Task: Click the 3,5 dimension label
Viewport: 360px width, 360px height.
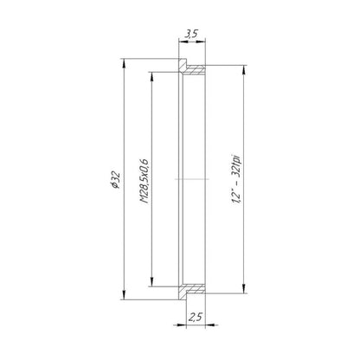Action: (x=191, y=34)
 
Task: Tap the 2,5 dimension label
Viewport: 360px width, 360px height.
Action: (x=195, y=317)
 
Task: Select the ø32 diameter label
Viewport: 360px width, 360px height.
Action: (x=115, y=179)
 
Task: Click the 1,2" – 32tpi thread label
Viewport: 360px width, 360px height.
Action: (x=236, y=179)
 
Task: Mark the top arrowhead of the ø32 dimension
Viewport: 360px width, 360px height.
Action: (x=124, y=64)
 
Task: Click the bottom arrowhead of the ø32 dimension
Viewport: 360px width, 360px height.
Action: (x=124, y=294)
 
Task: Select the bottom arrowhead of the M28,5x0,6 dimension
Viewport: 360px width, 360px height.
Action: (x=151, y=281)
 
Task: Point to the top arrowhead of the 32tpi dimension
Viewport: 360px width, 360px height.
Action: (x=244, y=70)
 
